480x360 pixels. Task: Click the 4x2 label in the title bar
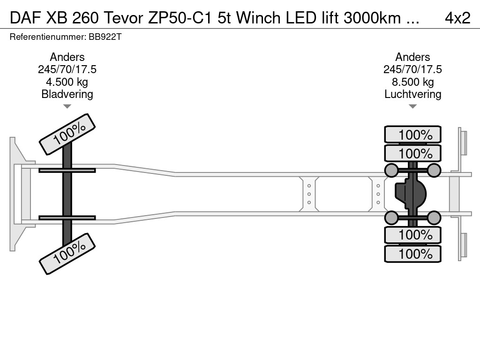pos(457,18)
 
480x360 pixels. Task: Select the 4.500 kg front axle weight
pos(67,82)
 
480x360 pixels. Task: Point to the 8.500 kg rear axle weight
pos(412,82)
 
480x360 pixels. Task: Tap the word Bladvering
pos(67,94)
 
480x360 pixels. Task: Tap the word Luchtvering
pos(412,94)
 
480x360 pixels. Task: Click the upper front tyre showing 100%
pos(67,134)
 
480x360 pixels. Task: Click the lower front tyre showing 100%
pos(67,253)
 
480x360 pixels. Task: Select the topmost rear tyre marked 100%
pos(412,135)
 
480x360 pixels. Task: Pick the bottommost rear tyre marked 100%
pos(412,254)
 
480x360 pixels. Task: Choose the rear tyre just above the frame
pos(412,153)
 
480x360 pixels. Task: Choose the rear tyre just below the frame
pos(412,234)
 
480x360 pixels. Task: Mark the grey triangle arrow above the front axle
pos(67,106)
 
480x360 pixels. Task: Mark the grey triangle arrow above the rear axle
pos(412,106)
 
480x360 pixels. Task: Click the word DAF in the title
pos(22,18)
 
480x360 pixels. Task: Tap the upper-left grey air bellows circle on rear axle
pos(391,170)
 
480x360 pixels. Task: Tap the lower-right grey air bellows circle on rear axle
pos(434,217)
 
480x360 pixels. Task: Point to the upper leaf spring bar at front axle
pos(67,170)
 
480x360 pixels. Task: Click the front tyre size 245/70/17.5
pos(67,69)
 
